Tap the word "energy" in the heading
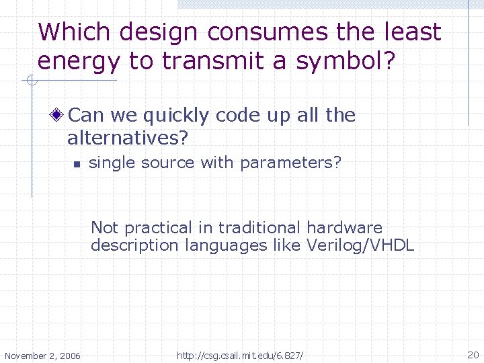[x=79, y=61]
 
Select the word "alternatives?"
[x=128, y=138]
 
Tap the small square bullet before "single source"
[x=77, y=164]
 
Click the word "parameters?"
[x=290, y=163]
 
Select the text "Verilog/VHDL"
[x=360, y=245]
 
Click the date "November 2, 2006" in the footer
[x=42, y=355]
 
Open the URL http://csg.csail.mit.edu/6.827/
[x=240, y=355]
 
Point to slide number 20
[x=473, y=354]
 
